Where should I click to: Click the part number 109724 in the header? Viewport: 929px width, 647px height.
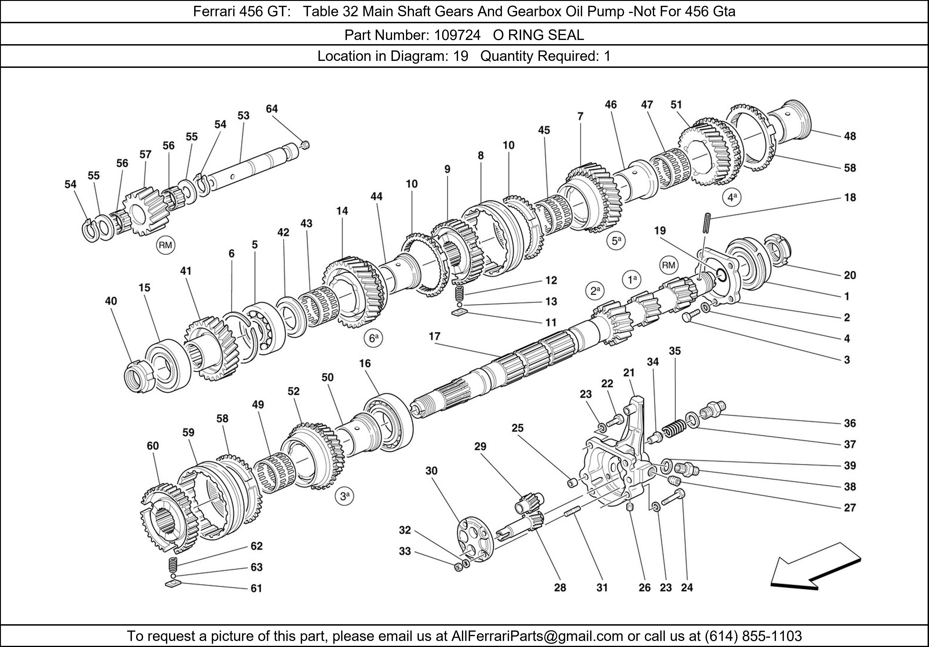(x=457, y=35)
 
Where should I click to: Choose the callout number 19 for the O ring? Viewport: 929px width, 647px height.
(x=660, y=231)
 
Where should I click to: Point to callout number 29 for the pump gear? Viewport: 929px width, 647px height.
(x=480, y=447)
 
